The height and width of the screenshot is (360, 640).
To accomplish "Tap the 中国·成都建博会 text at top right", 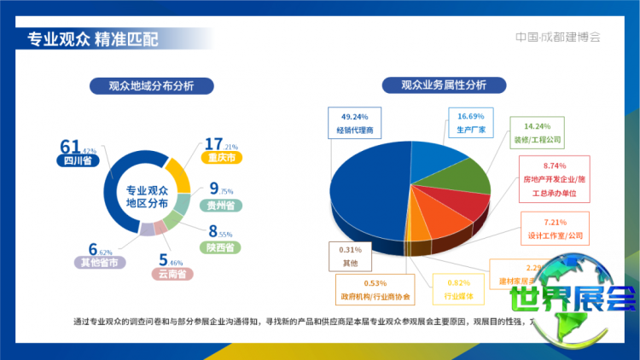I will (558, 38).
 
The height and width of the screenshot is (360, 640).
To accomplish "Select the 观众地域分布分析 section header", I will (151, 85).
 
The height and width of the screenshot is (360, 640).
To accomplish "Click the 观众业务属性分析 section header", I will (445, 85).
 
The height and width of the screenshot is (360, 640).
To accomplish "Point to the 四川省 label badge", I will (78, 160).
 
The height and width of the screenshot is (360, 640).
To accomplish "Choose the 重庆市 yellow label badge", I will (224, 158).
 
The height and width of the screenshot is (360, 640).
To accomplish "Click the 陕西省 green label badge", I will (222, 247).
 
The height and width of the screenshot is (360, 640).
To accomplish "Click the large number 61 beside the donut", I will (69, 145).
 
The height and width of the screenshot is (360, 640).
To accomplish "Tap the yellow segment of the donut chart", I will (176, 175).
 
